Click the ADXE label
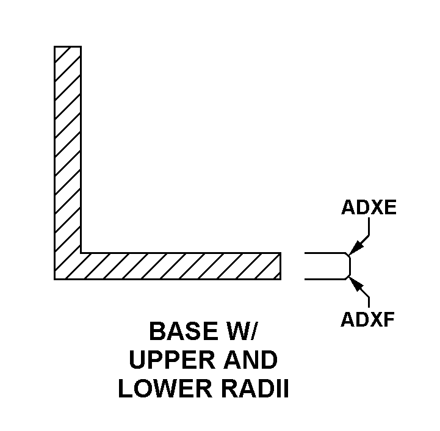[369, 208]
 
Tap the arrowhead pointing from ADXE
[353, 250]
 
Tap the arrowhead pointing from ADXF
[353, 281]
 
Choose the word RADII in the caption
[251, 389]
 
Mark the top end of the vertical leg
[68, 46]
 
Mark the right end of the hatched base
[281, 266]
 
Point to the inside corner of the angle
[81, 252]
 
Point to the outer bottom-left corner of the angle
[55, 279]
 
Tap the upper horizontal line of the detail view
[323, 253]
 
